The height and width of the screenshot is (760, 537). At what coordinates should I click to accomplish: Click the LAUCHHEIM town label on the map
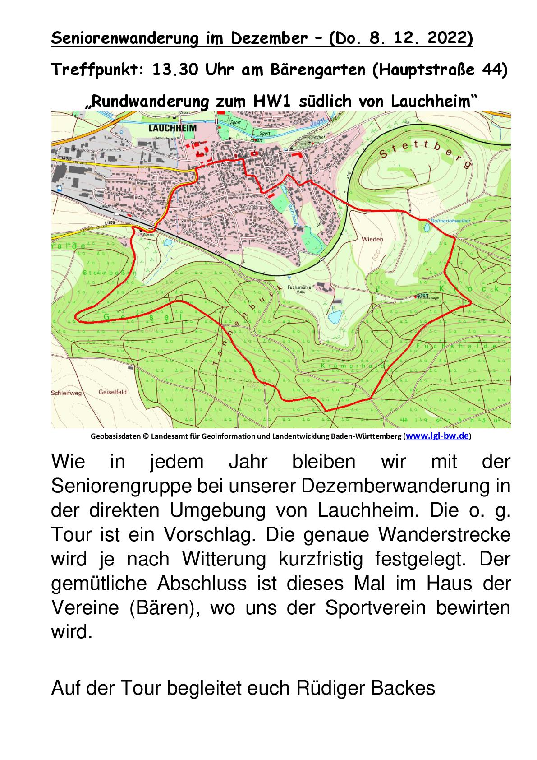[x=172, y=128]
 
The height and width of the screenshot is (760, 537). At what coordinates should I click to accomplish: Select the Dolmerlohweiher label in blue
[x=450, y=221]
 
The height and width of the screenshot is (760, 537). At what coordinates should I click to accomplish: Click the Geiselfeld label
[x=112, y=392]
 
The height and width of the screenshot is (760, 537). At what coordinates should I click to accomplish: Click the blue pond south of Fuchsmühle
[x=334, y=317]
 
